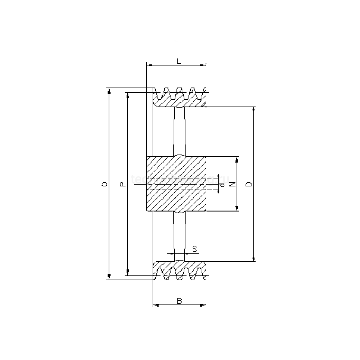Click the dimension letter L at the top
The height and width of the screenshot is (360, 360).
(x=178, y=61)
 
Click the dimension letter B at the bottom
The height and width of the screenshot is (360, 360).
(x=178, y=301)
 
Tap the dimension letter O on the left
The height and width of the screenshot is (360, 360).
(x=105, y=184)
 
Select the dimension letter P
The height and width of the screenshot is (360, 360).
(x=122, y=184)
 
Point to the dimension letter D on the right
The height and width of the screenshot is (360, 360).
(x=248, y=184)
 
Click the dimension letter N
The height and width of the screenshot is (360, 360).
(x=232, y=184)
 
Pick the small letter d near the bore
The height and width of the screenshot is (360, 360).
(x=222, y=184)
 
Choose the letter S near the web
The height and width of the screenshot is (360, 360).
(x=194, y=249)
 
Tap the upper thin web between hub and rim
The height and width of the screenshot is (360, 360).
(x=179, y=131)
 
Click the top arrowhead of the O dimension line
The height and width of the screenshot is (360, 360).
(x=110, y=90)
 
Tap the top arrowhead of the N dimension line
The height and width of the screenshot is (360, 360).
(x=237, y=159)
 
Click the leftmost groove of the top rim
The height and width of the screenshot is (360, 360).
(x=166, y=94)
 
